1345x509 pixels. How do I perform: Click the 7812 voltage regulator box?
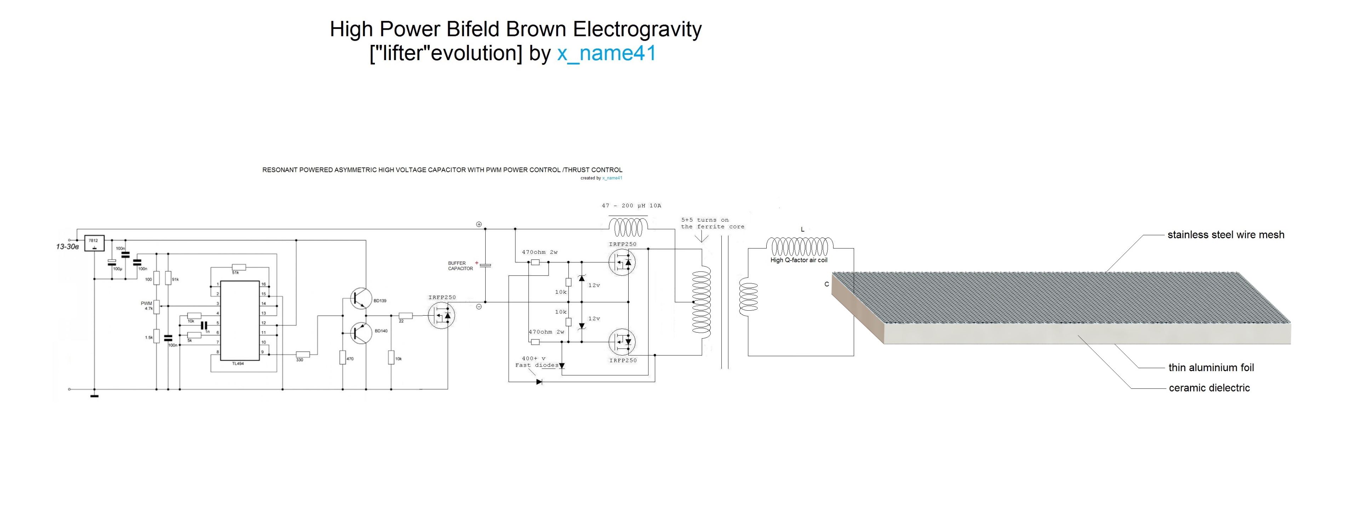[94, 243]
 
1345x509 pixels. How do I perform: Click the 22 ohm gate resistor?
[406, 316]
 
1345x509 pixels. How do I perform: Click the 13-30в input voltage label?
[67, 247]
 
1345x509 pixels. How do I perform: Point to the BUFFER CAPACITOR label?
[460, 266]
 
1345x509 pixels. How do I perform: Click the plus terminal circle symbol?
[479, 224]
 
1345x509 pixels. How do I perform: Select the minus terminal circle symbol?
[479, 307]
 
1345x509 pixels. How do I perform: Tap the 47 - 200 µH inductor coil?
[628, 227]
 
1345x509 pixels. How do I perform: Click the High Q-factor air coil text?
[799, 260]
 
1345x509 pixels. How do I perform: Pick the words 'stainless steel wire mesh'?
[1225, 235]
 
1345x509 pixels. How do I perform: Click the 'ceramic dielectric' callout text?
[1209, 388]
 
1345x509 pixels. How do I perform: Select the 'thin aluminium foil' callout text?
[1211, 368]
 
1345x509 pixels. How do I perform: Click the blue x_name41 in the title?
[606, 53]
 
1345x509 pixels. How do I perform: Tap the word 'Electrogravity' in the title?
[637, 29]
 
